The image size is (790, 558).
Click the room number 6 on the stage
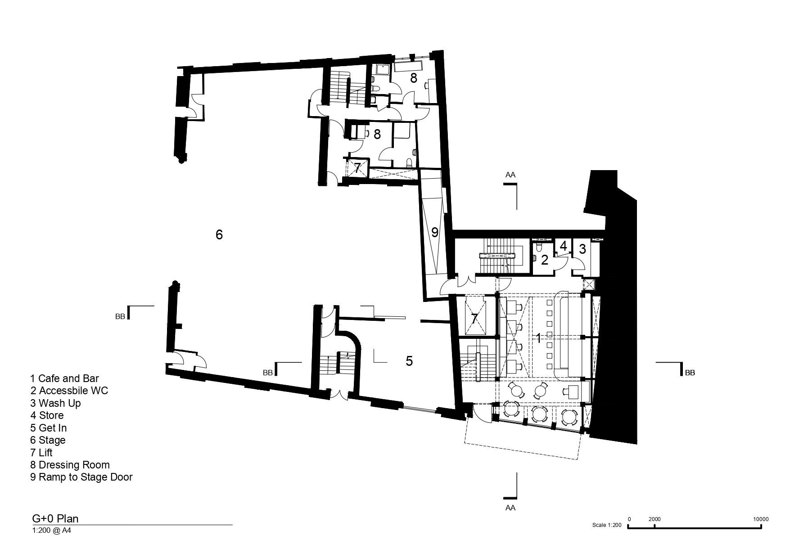(x=219, y=234)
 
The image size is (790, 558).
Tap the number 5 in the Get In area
(x=409, y=361)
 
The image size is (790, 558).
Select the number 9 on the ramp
(x=434, y=232)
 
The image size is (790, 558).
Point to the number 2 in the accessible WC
(x=545, y=260)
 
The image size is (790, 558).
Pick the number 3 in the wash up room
(x=582, y=248)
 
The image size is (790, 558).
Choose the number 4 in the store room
(x=563, y=246)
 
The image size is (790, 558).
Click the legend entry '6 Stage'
(x=48, y=440)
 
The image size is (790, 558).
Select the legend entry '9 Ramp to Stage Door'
(x=81, y=477)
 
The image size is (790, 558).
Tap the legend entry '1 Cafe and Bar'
(x=64, y=378)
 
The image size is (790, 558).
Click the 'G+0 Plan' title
(x=55, y=518)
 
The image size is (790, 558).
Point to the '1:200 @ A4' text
(x=51, y=531)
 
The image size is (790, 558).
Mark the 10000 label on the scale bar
(x=761, y=519)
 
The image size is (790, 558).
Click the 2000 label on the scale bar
(x=655, y=519)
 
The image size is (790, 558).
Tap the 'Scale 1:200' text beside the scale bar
(x=607, y=525)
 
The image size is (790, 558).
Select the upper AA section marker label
(x=510, y=175)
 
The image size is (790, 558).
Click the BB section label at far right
(x=690, y=373)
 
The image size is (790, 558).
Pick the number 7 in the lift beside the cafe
(x=474, y=319)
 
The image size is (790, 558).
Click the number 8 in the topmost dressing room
(x=414, y=78)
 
